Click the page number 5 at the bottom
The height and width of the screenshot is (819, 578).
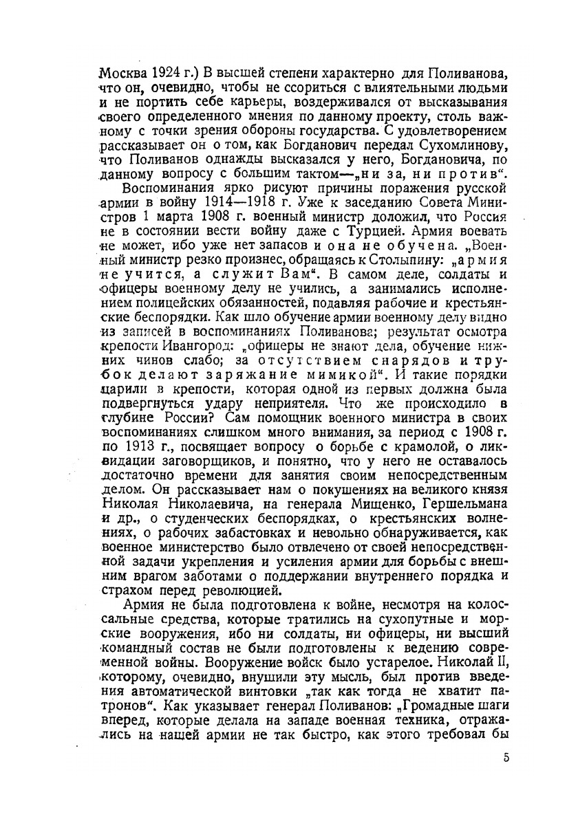[x=506, y=758]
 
